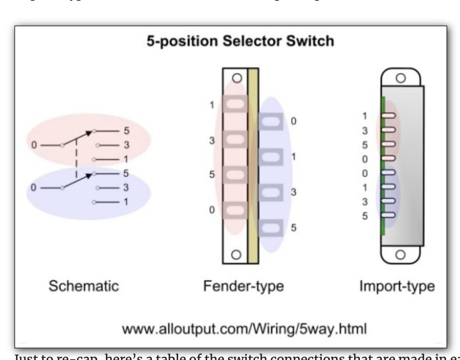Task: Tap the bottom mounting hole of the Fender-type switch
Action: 235,254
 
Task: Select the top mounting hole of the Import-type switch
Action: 400,77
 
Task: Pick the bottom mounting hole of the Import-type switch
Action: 400,255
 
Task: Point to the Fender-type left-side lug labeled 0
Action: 234,210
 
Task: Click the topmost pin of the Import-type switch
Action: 388,116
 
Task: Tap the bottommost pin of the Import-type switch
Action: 388,215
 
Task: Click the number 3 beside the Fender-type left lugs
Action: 211,141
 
